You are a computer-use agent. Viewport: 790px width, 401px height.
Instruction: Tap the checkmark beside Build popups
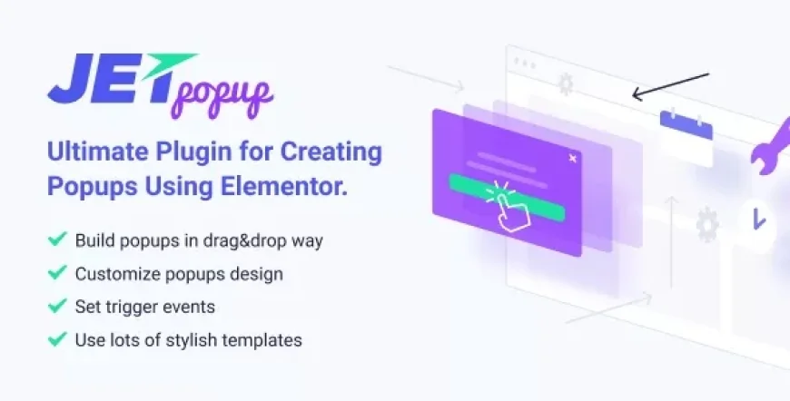(56, 240)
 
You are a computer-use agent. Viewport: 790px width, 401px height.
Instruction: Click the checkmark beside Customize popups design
(56, 273)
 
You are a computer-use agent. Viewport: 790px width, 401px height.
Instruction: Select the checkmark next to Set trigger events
(56, 307)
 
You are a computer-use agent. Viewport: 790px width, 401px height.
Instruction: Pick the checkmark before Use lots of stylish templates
(56, 340)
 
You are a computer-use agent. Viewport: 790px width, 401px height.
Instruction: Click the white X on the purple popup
(571, 158)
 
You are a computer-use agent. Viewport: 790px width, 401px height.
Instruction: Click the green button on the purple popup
(545, 210)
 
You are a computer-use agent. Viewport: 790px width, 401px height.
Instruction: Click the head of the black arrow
(637, 93)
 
